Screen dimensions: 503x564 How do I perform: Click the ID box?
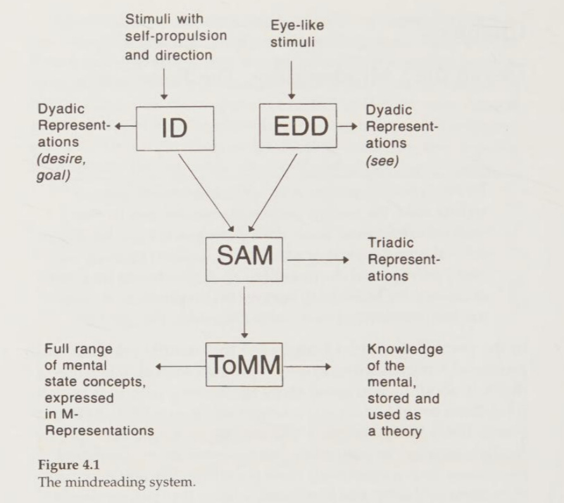click(175, 128)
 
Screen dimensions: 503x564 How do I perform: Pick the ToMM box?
click(244, 366)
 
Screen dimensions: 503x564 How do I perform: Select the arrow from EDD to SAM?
click(273, 191)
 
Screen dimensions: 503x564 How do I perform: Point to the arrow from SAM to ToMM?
click(244, 310)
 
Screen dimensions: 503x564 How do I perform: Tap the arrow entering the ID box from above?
click(164, 83)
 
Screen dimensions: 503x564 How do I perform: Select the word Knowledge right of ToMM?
click(404, 349)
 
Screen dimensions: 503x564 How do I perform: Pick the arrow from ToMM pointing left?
click(180, 366)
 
